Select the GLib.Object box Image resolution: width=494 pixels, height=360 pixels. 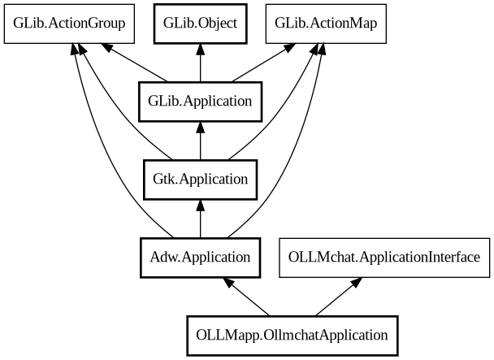200,23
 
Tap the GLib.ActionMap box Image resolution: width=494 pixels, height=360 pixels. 326,23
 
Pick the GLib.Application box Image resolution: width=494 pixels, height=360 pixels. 200,102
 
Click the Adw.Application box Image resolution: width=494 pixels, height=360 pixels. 200,258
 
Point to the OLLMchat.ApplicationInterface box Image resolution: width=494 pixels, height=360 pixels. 384,258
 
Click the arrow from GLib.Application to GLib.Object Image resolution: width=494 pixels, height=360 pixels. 200,63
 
